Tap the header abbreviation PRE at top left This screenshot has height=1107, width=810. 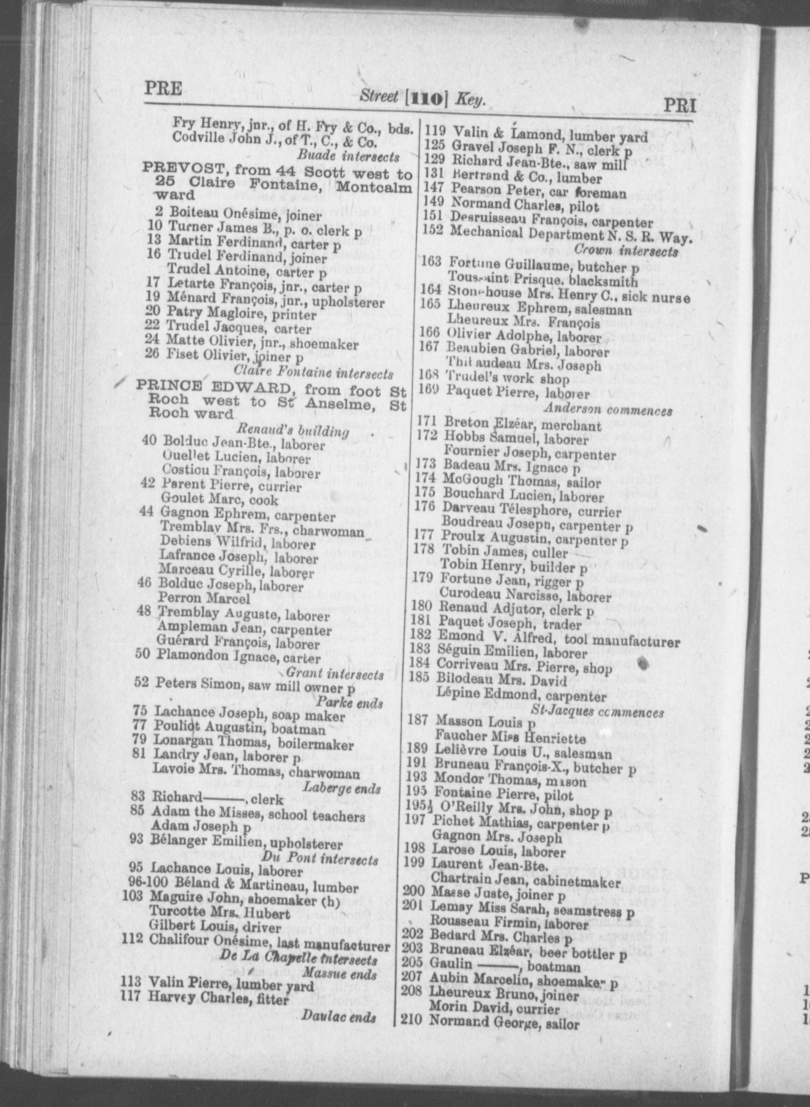(x=163, y=89)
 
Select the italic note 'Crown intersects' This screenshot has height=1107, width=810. (x=626, y=251)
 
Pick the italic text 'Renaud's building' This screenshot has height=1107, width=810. (x=293, y=430)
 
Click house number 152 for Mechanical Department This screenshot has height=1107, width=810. (x=432, y=230)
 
